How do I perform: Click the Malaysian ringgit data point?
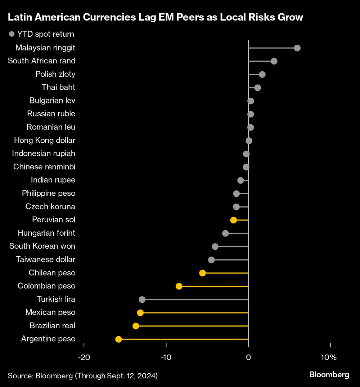tap(297, 48)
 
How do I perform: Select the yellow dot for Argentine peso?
tap(118, 339)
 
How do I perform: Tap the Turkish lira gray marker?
tap(142, 299)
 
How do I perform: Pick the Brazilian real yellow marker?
tap(136, 326)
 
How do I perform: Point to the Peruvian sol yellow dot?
tap(233, 220)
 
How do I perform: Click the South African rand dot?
tap(274, 61)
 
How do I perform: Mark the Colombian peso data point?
tap(179, 286)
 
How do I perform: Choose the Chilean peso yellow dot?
tap(202, 273)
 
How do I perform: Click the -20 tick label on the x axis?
tap(84, 357)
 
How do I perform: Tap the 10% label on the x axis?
tap(329, 357)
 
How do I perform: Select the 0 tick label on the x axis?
tap(248, 357)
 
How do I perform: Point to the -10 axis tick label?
tap(166, 357)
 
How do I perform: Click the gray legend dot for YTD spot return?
tap(12, 34)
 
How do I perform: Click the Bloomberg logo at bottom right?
tap(329, 375)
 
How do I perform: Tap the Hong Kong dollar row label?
tap(45, 140)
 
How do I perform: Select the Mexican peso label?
tap(50, 312)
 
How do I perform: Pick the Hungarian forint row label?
tap(46, 233)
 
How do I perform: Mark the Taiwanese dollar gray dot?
tap(211, 260)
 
